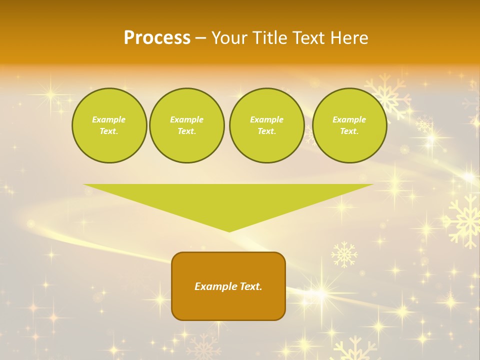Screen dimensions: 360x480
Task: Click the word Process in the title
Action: point(157,38)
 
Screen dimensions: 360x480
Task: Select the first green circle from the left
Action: point(109,125)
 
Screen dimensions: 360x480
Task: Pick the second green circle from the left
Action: point(186,125)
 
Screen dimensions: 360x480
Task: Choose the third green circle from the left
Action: point(266,125)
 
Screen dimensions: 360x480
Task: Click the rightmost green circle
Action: point(349,125)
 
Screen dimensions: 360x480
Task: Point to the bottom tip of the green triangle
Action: point(229,231)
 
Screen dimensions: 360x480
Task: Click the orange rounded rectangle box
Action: point(228,286)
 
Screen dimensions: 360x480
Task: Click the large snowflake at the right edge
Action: point(464,220)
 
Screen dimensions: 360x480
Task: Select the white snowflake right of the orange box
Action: point(344,254)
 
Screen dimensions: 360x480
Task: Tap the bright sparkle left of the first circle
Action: point(50,94)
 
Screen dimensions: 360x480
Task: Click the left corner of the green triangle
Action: point(85,185)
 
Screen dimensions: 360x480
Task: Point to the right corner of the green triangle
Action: point(372,185)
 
